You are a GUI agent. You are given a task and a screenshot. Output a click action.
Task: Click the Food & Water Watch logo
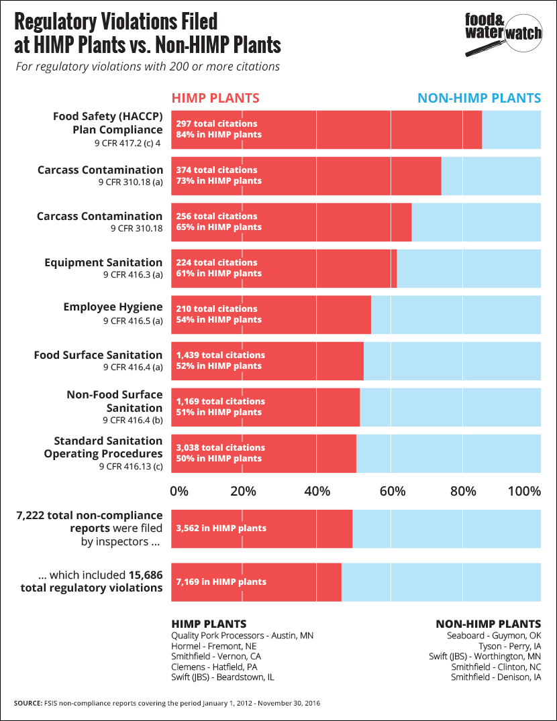503,34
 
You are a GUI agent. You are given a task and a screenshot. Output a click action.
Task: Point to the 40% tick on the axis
317,490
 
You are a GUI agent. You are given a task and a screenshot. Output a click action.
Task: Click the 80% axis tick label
463,490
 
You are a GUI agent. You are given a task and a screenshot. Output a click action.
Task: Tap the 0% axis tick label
179,490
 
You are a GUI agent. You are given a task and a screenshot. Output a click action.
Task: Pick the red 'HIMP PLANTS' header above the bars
215,98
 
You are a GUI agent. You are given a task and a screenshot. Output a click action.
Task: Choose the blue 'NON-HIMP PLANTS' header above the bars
479,98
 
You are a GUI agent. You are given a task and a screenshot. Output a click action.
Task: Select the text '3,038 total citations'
221,447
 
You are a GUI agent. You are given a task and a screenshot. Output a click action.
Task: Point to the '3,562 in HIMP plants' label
221,528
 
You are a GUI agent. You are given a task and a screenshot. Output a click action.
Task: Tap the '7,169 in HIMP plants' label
221,581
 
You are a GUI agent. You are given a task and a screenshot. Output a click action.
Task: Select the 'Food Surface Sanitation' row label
98,355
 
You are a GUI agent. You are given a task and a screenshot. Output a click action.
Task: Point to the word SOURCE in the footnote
29,703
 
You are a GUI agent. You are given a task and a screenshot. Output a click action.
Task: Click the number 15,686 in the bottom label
146,575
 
